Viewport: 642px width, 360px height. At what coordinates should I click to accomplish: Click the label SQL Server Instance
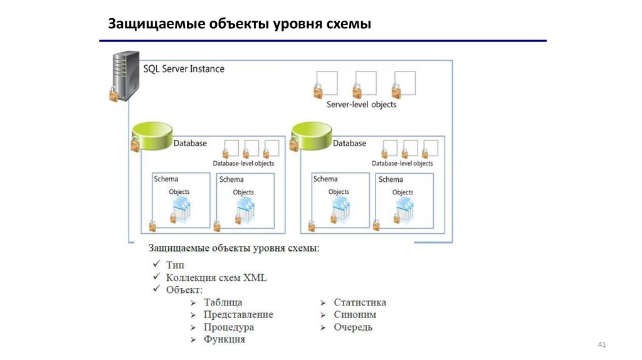(184, 69)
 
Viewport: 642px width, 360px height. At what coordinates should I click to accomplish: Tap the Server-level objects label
(362, 105)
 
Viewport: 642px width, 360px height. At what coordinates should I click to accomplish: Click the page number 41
(603, 346)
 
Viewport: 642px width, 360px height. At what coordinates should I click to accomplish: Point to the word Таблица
(223, 302)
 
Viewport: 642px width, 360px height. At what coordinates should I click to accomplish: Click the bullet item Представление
(238, 315)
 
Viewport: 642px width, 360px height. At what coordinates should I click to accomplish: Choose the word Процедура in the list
(229, 327)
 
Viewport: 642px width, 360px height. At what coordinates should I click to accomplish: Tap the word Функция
(224, 339)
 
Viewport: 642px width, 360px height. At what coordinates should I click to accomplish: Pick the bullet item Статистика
(360, 302)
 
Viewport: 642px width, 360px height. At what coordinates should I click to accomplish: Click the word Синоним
(355, 315)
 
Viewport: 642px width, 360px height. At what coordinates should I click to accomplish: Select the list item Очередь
(353, 327)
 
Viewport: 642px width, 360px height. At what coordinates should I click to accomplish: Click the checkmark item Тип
(175, 265)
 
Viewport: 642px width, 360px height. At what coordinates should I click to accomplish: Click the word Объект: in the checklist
(184, 290)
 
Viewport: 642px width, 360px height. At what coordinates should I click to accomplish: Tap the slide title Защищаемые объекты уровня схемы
(240, 24)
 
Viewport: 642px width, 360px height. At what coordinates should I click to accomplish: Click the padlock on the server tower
(113, 95)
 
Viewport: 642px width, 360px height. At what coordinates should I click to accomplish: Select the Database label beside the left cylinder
(190, 144)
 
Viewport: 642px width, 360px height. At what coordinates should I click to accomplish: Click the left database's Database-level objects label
(243, 164)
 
